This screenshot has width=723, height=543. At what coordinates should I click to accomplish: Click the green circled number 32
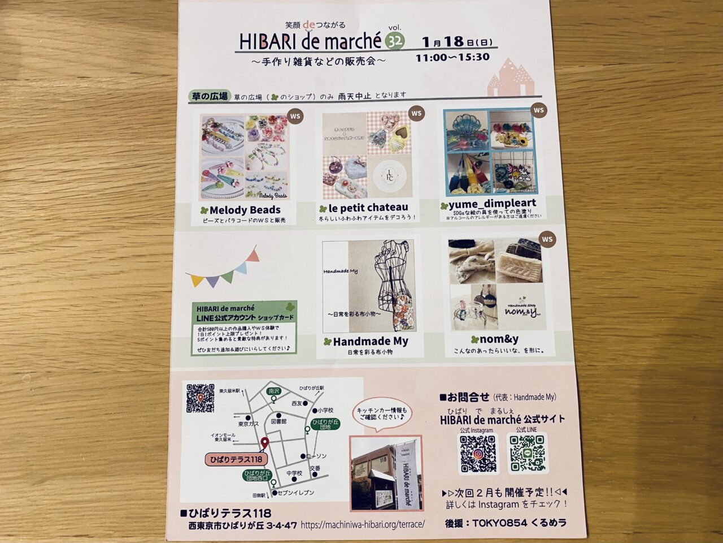(x=395, y=40)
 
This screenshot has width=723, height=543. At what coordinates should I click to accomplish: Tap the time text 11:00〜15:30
(x=452, y=57)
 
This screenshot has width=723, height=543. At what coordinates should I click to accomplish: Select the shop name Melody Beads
(x=244, y=210)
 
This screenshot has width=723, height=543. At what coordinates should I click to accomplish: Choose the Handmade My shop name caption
(x=370, y=342)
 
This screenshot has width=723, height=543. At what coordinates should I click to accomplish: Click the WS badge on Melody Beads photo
(x=295, y=117)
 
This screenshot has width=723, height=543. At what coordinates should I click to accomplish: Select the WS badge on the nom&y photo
(x=546, y=239)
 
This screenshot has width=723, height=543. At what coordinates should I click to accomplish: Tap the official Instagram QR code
(x=478, y=453)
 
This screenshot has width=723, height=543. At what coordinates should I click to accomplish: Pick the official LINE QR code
(x=527, y=453)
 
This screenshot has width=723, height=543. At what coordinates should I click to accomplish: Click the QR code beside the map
(x=201, y=398)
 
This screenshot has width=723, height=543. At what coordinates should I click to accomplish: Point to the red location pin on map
(x=264, y=442)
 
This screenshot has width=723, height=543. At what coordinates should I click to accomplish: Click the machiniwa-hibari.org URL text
(x=362, y=524)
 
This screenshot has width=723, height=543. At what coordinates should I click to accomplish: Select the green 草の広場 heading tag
(x=209, y=96)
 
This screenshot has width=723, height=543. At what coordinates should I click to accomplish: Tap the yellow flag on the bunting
(x=197, y=281)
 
